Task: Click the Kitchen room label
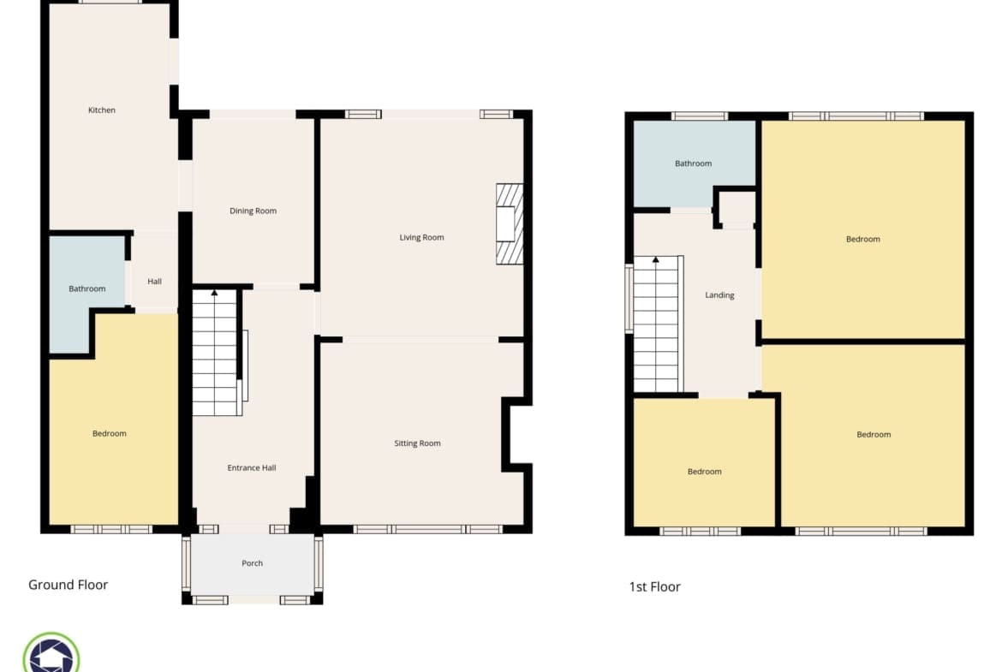tap(102, 110)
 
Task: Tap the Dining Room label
tap(253, 211)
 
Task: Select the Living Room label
tap(421, 238)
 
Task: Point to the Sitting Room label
tap(417, 443)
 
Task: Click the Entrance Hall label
tap(252, 467)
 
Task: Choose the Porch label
tap(253, 562)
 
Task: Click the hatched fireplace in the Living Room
tap(510, 224)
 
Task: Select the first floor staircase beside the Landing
tap(657, 324)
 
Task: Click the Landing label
tap(719, 295)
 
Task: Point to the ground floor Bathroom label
tap(86, 288)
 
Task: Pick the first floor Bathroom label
tap(694, 164)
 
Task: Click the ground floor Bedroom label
tap(110, 434)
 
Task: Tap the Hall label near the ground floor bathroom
tap(155, 281)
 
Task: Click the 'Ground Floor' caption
tap(69, 585)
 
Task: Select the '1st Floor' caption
tap(655, 586)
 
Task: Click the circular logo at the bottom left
tap(51, 654)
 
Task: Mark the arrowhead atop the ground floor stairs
tap(215, 294)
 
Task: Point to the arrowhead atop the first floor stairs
tap(656, 259)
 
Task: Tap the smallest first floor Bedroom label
tap(704, 472)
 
